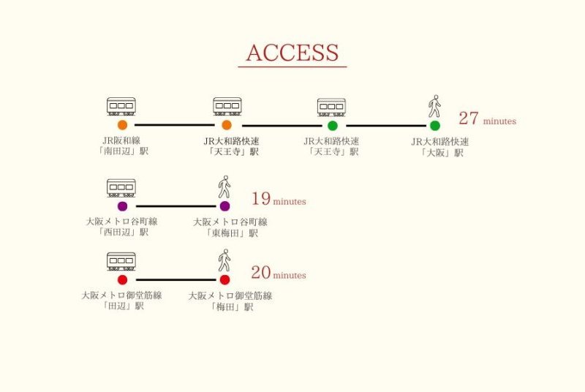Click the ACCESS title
(x=292, y=53)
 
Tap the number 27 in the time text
(x=468, y=119)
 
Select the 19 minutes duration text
(x=278, y=199)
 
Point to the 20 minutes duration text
(x=278, y=274)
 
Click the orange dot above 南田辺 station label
(x=122, y=125)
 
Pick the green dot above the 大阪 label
(x=435, y=125)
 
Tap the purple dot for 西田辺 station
(x=122, y=206)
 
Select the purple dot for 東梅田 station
(x=224, y=206)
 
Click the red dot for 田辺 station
(x=122, y=279)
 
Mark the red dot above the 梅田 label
(x=224, y=279)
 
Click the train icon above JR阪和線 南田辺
(x=121, y=107)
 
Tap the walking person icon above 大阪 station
(x=434, y=107)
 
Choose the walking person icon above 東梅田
(x=224, y=187)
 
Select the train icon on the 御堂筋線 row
(x=121, y=261)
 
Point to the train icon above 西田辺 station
(x=121, y=188)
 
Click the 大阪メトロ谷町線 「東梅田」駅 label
(x=230, y=227)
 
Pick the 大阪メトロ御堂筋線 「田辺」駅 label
(x=121, y=301)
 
